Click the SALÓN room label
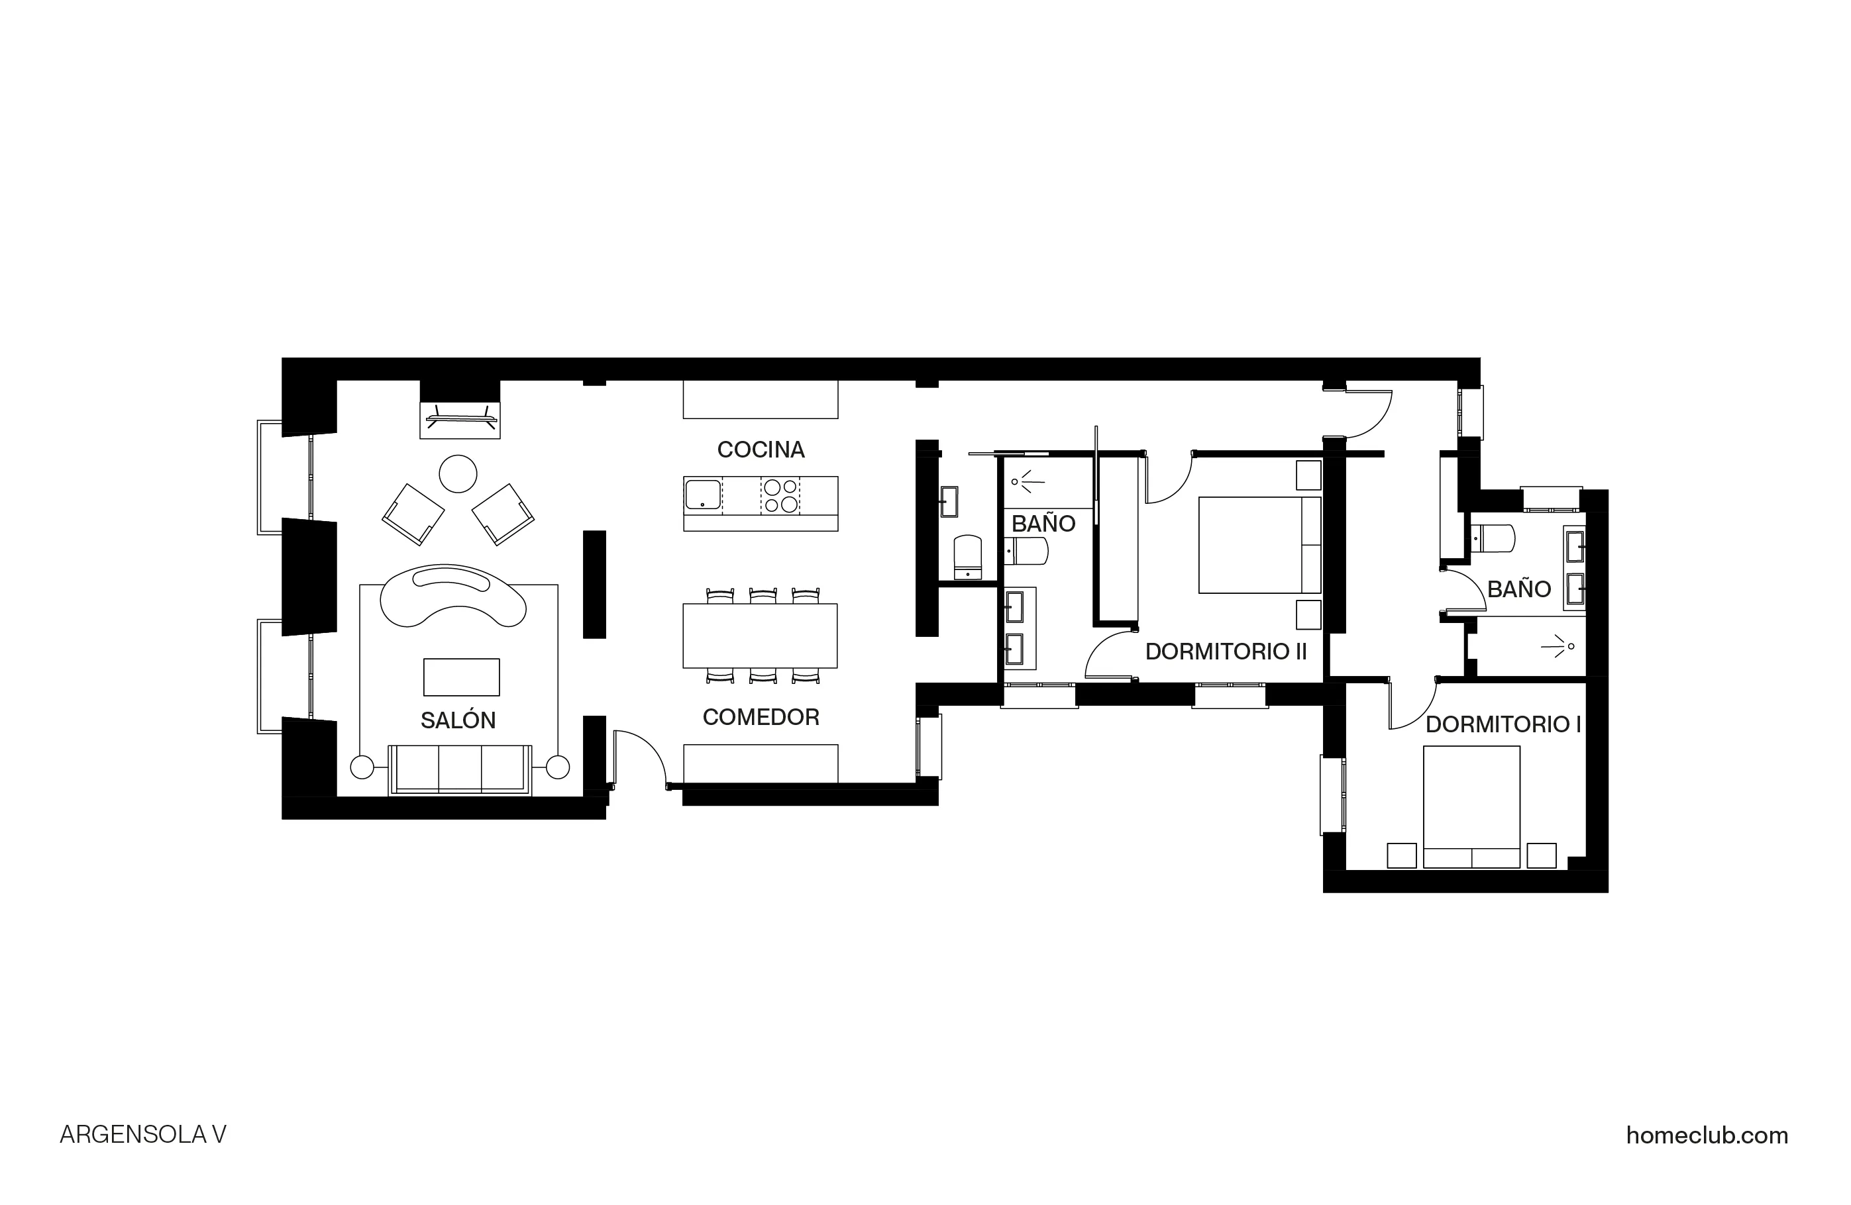coord(458,720)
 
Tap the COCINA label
coord(761,450)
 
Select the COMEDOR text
coord(761,717)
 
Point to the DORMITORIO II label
coord(1226,651)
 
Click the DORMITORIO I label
coord(1503,724)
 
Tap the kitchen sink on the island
coord(702,495)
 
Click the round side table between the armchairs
coord(458,473)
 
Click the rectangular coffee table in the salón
coord(461,677)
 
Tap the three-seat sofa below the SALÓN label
coord(460,769)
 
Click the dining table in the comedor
coord(760,635)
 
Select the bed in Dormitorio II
coord(1258,545)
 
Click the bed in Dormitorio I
coord(1471,806)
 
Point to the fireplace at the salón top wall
coord(460,420)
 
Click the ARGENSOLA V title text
coord(143,1135)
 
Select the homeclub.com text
coord(1707,1135)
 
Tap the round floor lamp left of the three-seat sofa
coord(362,767)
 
